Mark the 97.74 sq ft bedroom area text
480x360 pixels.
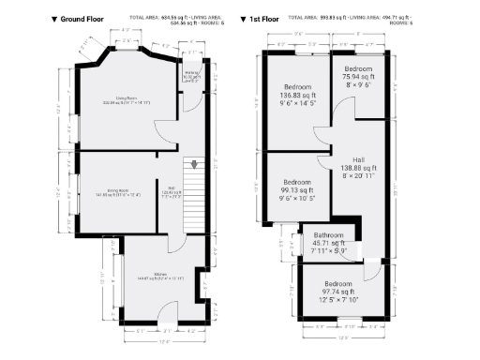[338, 291]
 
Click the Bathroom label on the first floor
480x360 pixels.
[329, 235]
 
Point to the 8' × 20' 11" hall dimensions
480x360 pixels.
[346, 174]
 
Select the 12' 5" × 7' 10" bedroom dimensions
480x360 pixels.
[338, 299]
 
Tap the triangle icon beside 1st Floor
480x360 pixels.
[244, 18]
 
